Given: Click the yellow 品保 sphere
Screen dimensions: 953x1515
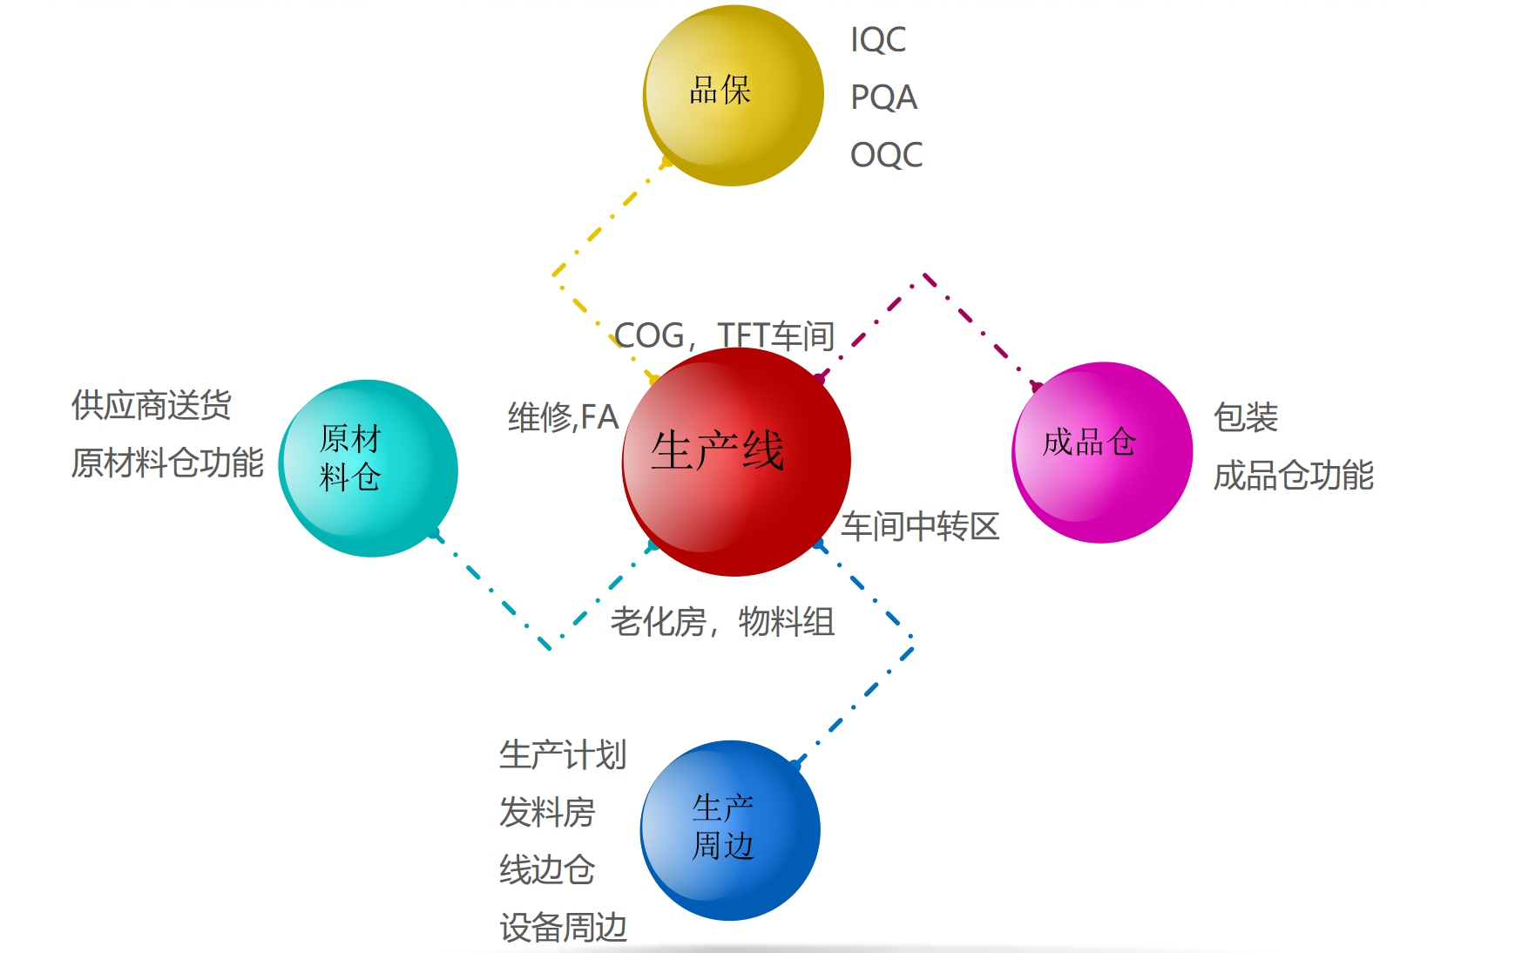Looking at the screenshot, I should (733, 95).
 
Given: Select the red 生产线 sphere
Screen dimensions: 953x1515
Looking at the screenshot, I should (736, 461).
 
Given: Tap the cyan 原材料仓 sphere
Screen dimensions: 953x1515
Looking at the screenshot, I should (368, 468).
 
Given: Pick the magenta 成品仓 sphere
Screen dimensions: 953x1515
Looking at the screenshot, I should (1102, 452).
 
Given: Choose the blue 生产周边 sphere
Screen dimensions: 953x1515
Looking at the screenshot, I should (730, 830).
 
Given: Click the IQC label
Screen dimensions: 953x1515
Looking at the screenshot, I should (878, 40).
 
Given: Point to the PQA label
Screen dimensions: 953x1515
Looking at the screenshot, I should (883, 98).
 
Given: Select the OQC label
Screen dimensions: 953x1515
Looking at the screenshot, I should (886, 155).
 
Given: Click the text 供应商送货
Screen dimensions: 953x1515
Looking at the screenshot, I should (152, 405).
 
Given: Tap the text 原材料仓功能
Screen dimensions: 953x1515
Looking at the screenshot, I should (167, 463).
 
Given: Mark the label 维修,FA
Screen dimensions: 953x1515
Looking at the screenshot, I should (563, 417).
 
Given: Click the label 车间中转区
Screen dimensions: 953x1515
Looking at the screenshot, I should (920, 526).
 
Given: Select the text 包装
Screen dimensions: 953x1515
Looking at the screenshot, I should (1246, 417).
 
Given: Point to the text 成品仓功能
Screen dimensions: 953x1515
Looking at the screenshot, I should (1294, 476).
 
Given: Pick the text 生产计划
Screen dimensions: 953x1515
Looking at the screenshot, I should (563, 754).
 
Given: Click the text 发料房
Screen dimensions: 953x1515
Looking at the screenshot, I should (547, 812).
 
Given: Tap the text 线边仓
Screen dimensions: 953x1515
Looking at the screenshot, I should (547, 869).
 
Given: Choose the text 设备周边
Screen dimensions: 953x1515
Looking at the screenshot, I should (563, 927).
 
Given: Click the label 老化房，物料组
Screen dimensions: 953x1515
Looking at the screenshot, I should (722, 622).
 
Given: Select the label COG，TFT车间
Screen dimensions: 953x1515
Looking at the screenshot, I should (724, 335).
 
